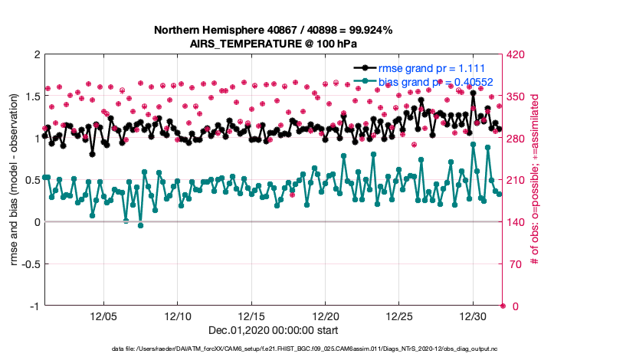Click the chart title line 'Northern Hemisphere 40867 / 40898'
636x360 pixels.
click(x=274, y=31)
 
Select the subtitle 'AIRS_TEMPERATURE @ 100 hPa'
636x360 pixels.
click(x=274, y=44)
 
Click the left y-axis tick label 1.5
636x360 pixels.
click(x=31, y=97)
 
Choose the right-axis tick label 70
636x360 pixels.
click(x=514, y=264)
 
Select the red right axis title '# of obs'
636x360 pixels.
click(x=535, y=180)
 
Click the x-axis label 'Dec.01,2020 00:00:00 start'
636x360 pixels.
click(x=273, y=331)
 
